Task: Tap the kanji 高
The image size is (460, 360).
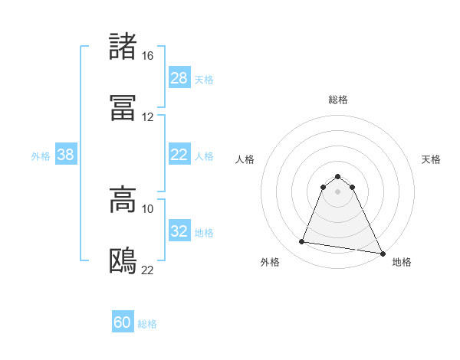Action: [123, 200]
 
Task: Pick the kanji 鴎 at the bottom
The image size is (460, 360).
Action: [123, 261]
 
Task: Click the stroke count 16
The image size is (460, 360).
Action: [147, 56]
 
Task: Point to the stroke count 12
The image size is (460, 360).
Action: [147, 117]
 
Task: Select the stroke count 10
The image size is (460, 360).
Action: [147, 208]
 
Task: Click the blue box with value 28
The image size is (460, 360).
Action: [179, 77]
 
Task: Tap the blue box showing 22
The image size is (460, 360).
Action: [179, 155]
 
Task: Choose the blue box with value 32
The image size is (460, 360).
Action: [179, 231]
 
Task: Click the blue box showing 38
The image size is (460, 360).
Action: [66, 155]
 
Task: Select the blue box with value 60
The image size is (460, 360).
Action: [123, 322]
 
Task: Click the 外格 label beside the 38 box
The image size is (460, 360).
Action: [41, 155]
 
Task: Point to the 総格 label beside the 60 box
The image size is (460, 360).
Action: [147, 324]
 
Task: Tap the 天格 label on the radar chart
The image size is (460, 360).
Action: [431, 159]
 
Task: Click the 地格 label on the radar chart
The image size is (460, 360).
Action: [402, 262]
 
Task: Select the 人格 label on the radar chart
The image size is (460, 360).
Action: [245, 159]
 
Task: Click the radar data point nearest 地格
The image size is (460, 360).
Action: [383, 254]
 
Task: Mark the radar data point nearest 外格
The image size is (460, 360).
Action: [302, 242]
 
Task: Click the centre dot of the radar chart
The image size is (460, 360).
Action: [338, 191]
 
